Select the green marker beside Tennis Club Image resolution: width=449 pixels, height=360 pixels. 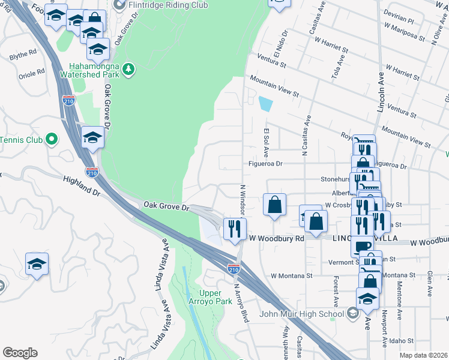tap(52, 140)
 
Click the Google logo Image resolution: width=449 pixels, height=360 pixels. tap(20, 353)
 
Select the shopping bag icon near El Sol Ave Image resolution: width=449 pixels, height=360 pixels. tap(274, 204)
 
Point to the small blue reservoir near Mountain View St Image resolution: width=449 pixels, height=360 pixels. tap(265, 104)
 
